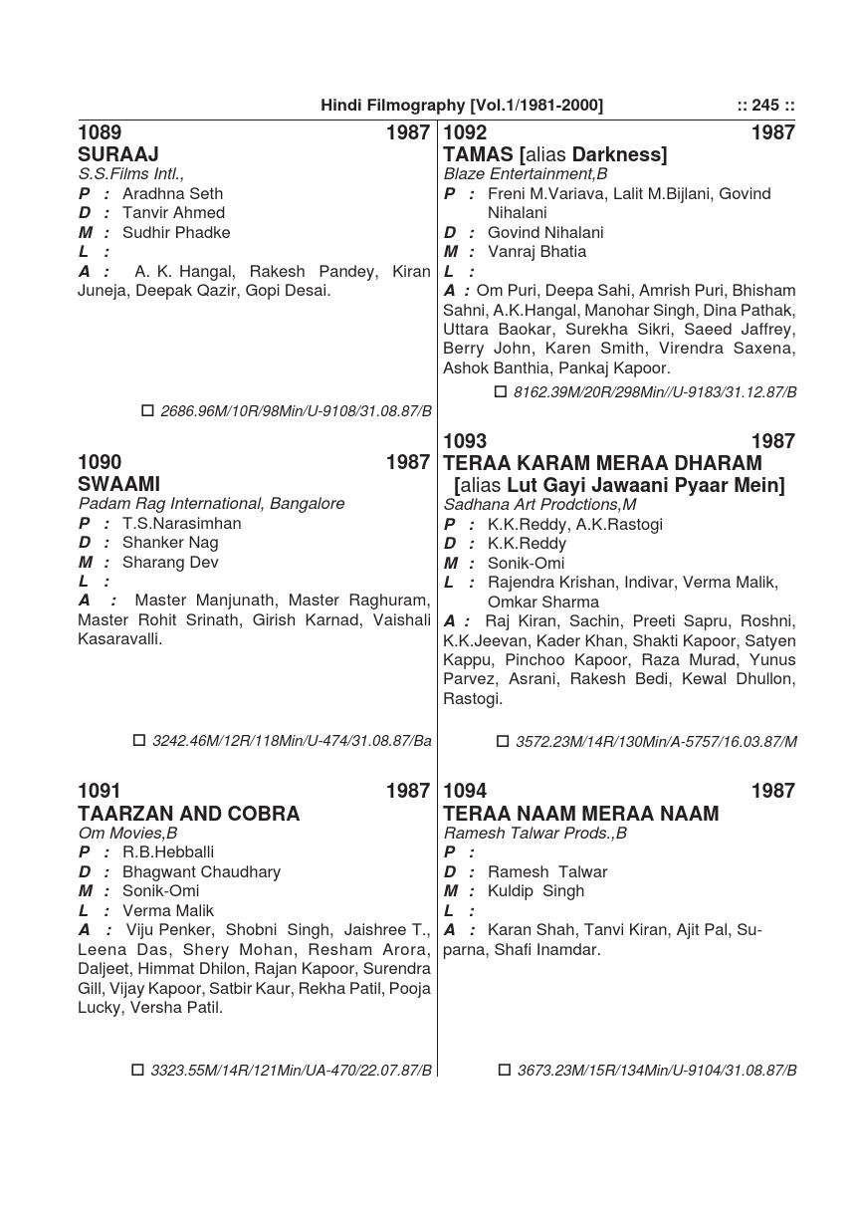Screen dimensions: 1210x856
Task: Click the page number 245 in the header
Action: pos(765,106)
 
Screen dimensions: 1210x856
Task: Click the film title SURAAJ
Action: pos(118,154)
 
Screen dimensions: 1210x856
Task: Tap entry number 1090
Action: pos(100,462)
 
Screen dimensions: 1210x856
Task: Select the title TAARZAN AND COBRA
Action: pos(188,814)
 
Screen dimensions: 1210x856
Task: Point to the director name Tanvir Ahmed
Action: pos(173,212)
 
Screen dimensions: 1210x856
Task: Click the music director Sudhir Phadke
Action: pos(176,232)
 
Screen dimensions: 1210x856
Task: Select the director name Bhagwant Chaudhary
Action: pos(201,871)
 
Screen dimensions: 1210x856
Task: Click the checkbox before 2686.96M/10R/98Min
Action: pos(148,410)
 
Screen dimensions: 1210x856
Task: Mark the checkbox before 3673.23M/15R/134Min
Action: pos(505,1071)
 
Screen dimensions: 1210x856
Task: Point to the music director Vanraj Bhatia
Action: pos(536,251)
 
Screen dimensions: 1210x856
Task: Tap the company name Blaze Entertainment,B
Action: pos(526,173)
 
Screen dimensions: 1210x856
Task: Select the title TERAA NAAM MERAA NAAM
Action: pos(580,814)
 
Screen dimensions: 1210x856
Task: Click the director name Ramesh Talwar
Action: pos(547,871)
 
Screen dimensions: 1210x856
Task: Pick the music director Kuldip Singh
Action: pos(535,890)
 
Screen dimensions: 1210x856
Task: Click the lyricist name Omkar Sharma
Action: pos(543,602)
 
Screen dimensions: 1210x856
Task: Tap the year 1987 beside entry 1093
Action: pos(772,441)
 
